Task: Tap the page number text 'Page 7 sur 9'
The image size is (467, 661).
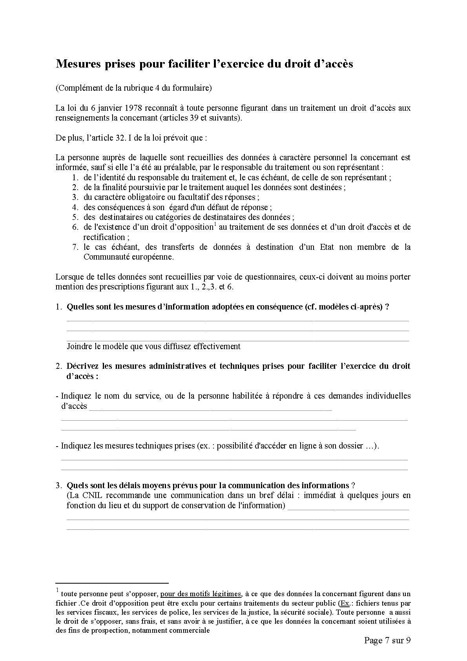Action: click(387, 641)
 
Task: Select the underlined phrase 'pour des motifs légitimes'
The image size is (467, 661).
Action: click(201, 594)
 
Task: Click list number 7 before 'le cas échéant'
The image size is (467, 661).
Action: click(75, 247)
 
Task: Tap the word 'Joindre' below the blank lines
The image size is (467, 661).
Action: click(79, 346)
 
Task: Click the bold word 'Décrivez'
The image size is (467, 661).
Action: click(82, 366)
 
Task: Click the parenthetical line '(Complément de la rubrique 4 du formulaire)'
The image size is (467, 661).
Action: click(133, 88)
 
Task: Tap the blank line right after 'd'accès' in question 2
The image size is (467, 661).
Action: click(210, 409)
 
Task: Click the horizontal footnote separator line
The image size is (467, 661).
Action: click(112, 583)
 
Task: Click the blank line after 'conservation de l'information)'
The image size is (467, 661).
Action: click(348, 509)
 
